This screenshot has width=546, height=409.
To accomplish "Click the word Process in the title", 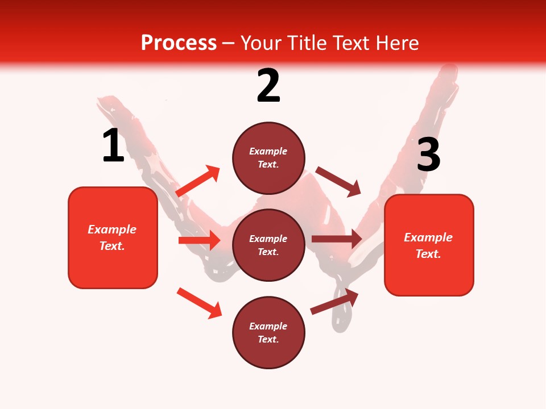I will click(179, 43).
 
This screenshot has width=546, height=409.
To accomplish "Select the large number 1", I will click(113, 146).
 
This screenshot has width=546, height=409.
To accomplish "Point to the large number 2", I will click(268, 86).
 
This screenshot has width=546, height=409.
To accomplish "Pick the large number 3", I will click(428, 155).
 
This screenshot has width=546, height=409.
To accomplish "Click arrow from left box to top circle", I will click(198, 181).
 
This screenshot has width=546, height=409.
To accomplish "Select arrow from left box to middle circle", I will click(199, 240).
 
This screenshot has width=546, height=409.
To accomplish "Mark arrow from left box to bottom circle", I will click(199, 303).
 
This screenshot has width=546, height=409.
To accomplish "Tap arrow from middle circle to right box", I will click(337, 239).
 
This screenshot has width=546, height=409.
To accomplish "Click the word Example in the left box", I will click(112, 229).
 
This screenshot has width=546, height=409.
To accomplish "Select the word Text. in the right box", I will click(428, 254).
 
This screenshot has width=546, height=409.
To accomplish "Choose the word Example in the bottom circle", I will click(268, 326).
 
